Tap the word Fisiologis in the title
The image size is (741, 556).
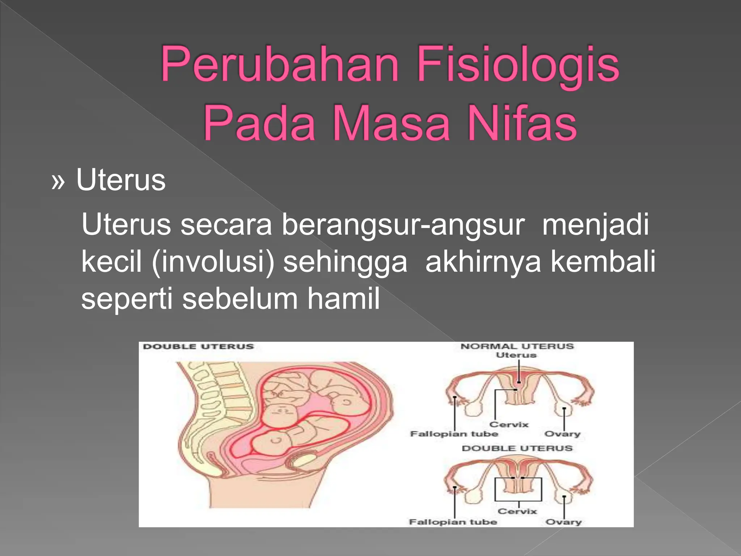(x=518, y=64)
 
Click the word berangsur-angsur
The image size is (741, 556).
(x=403, y=225)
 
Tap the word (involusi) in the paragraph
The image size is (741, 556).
(x=213, y=262)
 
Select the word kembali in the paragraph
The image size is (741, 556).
(x=603, y=262)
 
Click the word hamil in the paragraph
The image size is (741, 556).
(x=343, y=299)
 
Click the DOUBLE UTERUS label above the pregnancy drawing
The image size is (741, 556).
(x=199, y=346)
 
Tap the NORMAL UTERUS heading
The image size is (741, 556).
(x=517, y=346)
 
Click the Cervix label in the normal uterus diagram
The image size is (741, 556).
(x=509, y=424)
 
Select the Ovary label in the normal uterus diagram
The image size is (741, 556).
(x=562, y=434)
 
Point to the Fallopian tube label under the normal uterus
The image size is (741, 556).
(x=454, y=434)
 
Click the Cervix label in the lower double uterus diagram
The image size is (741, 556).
(x=517, y=511)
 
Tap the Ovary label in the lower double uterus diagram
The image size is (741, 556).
(x=563, y=522)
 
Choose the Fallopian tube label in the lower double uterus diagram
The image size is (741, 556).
(x=453, y=522)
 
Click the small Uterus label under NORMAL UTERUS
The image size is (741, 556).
(x=516, y=355)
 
